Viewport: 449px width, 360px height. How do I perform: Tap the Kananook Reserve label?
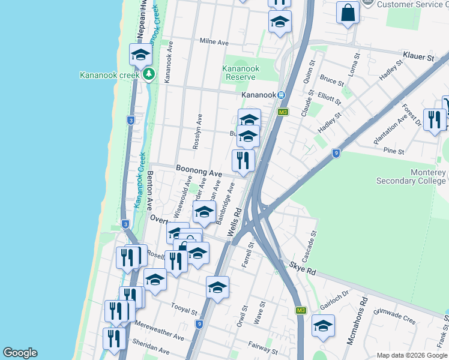point(241,73)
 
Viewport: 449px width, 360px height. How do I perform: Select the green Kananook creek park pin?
point(149,75)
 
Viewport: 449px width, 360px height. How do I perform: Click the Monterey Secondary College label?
point(411,176)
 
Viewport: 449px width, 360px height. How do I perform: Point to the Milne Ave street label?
point(214,43)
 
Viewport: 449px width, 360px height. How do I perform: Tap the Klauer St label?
point(418,57)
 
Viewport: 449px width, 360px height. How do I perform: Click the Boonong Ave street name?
point(199,170)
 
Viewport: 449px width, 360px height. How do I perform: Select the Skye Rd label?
point(302,268)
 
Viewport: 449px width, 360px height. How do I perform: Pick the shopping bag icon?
point(348,12)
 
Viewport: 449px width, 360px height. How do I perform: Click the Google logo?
point(20,353)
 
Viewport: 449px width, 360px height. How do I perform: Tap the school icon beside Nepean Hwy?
point(141,55)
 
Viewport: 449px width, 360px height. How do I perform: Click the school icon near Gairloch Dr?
point(323,326)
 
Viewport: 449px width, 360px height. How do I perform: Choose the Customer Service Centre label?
point(413,4)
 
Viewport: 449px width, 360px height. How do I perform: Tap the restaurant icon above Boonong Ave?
point(243,160)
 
